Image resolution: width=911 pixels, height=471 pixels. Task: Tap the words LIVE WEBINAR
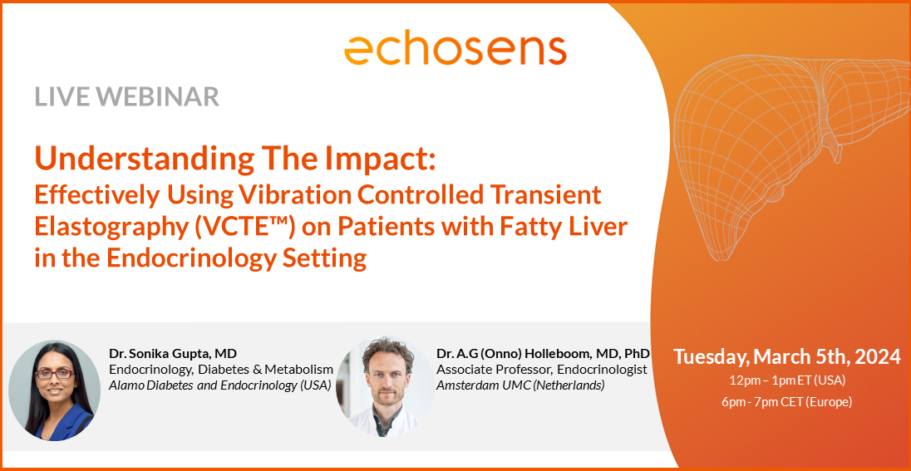[126, 97]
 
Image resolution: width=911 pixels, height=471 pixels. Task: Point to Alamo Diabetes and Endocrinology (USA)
[220, 385]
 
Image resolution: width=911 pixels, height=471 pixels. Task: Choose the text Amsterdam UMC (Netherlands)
[520, 385]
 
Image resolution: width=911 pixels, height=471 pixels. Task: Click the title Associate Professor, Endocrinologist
[542, 369]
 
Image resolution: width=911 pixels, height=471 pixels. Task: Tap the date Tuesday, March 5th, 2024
[786, 356]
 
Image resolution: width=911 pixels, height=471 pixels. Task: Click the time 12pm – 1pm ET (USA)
[786, 380]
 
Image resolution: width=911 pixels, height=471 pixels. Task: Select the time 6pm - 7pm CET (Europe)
[786, 401]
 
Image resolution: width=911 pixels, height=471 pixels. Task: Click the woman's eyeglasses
[56, 375]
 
